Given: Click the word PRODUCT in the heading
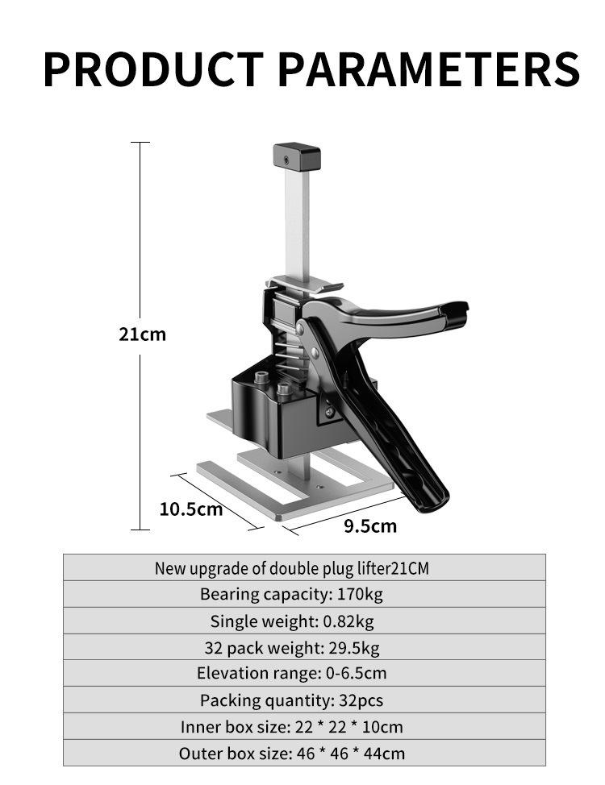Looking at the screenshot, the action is coord(153,69).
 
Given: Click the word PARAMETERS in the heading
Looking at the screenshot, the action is coord(429,69).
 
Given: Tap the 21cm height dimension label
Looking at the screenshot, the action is coord(142,334).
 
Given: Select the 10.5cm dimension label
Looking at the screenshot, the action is coord(191,509).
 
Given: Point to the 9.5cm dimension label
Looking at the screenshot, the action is coord(370,526).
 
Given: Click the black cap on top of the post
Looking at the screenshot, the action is coord(297,157).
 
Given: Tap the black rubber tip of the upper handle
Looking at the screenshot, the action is coord(454,315).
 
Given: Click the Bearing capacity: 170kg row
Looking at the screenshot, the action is coord(304,594).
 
